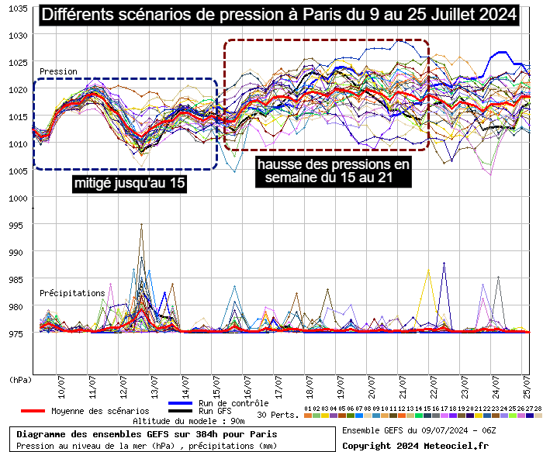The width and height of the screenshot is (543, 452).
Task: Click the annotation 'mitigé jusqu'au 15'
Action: pyautogui.click(x=130, y=184)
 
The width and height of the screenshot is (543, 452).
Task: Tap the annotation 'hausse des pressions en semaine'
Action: pyautogui.click(x=333, y=171)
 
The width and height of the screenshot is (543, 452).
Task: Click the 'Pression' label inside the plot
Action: pyautogui.click(x=58, y=71)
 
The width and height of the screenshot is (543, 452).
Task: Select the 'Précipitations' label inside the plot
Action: pyautogui.click(x=72, y=293)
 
